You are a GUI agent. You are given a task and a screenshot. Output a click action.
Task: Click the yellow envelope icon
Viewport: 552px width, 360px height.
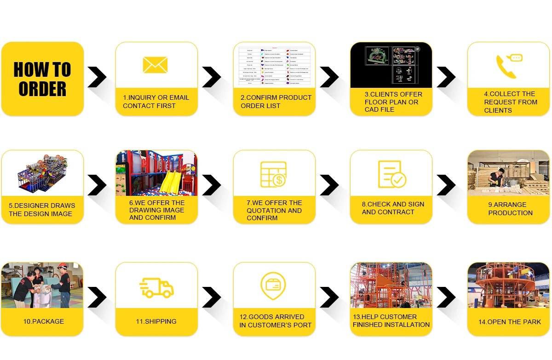(x=155, y=65)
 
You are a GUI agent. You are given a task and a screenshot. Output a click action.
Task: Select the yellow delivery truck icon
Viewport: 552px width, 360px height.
(x=156, y=288)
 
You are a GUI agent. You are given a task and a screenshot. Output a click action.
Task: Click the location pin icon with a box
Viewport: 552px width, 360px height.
(x=273, y=286)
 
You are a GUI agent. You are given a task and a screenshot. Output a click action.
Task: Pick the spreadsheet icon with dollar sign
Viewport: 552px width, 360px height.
(x=273, y=174)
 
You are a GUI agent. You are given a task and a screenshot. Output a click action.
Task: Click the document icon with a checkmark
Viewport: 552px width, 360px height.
(x=391, y=174)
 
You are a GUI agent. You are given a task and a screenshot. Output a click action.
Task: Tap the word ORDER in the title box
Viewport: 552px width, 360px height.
(x=42, y=89)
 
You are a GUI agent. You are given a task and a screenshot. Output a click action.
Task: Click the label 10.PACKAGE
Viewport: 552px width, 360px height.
(x=44, y=321)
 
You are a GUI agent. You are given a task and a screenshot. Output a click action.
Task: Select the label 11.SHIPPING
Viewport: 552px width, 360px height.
(x=156, y=321)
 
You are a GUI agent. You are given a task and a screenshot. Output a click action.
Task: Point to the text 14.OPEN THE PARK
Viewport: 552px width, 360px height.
(x=509, y=322)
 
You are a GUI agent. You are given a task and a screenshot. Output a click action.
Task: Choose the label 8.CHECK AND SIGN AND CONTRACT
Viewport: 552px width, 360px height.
(x=393, y=208)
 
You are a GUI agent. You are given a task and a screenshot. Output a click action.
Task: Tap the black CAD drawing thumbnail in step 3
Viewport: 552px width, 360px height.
(x=391, y=65)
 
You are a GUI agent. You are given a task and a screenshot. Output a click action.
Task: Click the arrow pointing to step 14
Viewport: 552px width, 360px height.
(x=446, y=297)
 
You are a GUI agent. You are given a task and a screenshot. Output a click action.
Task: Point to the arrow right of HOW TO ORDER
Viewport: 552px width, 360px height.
(x=97, y=77)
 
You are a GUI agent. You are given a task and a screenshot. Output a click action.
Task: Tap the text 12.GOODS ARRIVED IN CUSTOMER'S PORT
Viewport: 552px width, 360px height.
(x=275, y=321)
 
